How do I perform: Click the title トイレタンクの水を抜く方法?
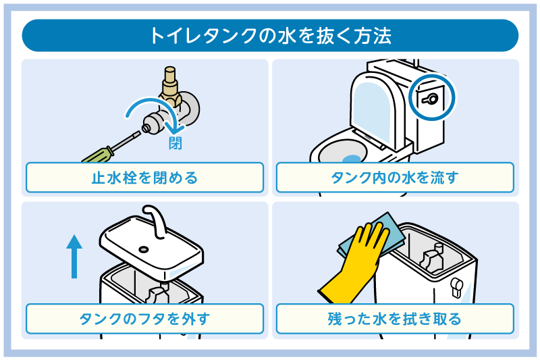[270, 35]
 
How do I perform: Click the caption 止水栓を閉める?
[144, 178]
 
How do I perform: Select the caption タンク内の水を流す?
[395, 178]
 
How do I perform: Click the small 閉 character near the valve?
[175, 143]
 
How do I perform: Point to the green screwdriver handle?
[95, 155]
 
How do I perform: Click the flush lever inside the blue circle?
[431, 99]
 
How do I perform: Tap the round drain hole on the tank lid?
[143, 248]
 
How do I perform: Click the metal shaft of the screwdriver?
[126, 137]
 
